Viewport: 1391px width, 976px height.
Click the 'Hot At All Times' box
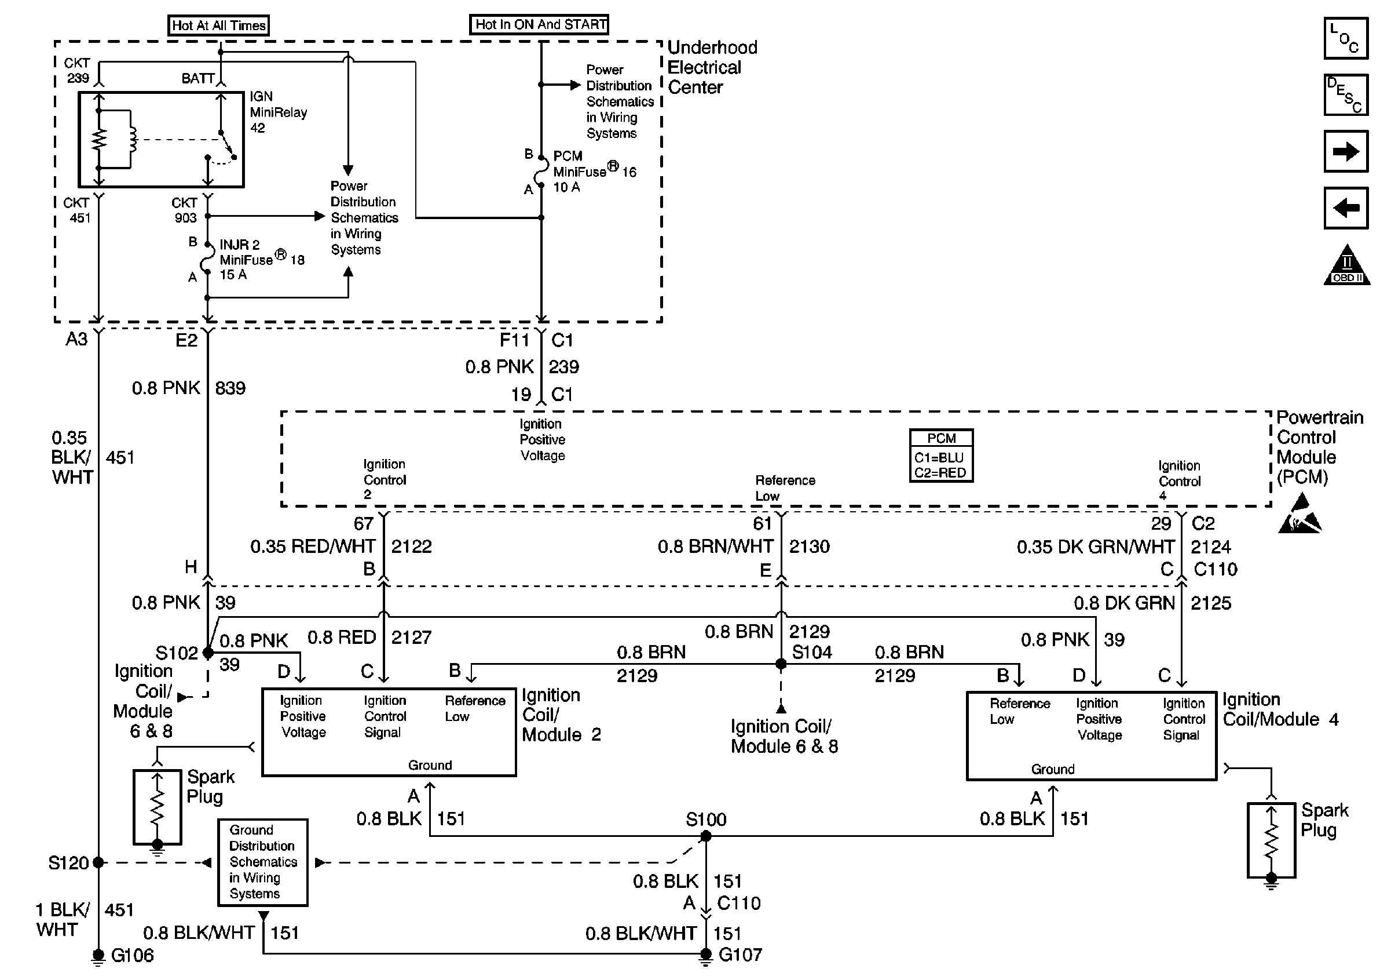219,25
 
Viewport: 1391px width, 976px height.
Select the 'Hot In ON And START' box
539,24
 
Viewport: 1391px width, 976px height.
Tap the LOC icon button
1346,38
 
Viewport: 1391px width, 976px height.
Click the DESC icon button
1346,95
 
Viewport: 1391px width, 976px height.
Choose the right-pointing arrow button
1346,151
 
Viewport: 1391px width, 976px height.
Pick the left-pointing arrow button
1346,208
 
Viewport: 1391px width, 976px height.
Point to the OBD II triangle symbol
1347,264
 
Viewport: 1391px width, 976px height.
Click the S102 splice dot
208,653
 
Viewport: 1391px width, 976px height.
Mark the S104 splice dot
782,664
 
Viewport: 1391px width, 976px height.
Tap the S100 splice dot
706,836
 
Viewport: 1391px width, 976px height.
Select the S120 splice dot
98,862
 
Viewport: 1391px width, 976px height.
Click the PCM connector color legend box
941,456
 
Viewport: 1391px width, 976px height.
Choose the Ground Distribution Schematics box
263,862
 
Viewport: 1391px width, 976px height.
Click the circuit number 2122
411,547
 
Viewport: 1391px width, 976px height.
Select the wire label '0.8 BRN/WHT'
716,547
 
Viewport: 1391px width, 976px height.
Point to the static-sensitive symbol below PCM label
1300,514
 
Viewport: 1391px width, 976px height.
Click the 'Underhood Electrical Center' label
712,67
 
